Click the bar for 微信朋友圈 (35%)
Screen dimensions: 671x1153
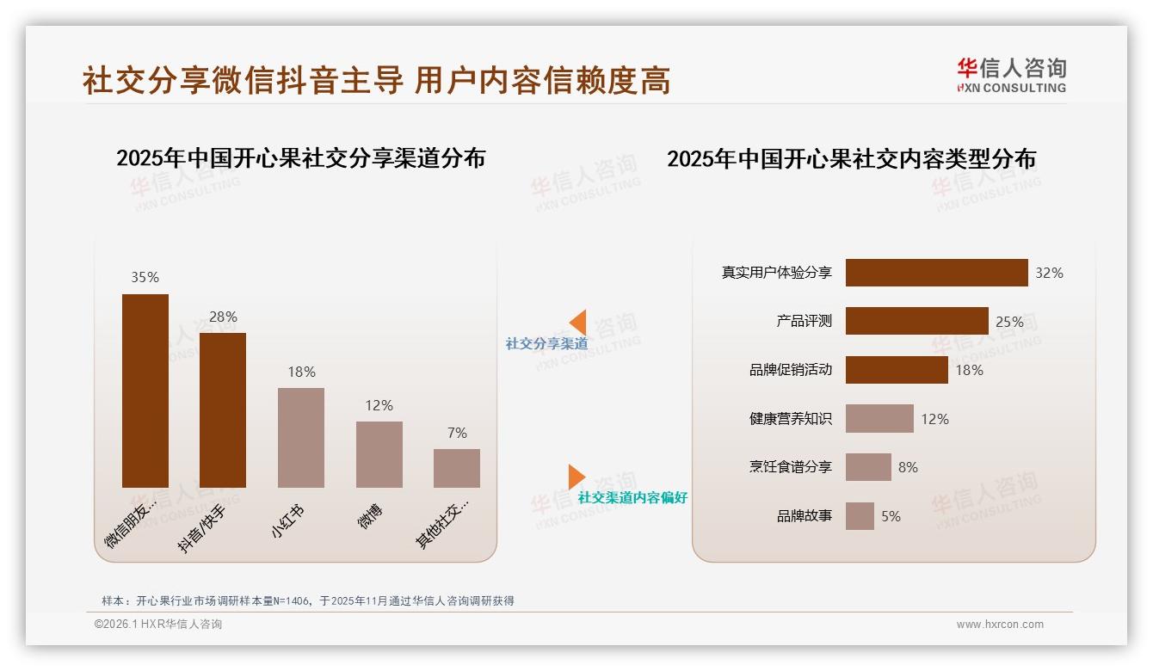coord(145,391)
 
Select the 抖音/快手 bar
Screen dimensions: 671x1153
coord(223,410)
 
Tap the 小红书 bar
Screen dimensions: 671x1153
coord(301,438)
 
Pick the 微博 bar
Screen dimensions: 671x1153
coord(379,454)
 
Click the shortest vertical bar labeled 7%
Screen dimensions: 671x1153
coord(457,468)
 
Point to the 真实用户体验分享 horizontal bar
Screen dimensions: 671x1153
coord(936,273)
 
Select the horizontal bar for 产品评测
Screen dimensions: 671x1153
coord(916,321)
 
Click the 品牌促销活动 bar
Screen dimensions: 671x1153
coord(897,370)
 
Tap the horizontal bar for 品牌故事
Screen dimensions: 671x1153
coord(860,516)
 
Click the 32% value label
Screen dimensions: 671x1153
coord(1049,273)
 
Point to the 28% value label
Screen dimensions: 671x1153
coord(223,317)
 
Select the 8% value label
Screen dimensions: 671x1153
coord(908,467)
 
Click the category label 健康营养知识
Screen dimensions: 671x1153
coord(790,419)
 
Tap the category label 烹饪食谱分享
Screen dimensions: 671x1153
coord(790,467)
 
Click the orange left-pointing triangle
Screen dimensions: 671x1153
coord(577,323)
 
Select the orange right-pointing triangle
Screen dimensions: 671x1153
coord(576,477)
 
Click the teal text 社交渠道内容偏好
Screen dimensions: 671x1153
coord(632,497)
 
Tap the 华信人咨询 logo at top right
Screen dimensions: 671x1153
coord(1011,75)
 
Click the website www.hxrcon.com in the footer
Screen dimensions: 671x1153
coord(1000,625)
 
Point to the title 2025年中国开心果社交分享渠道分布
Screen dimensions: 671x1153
coord(300,158)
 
